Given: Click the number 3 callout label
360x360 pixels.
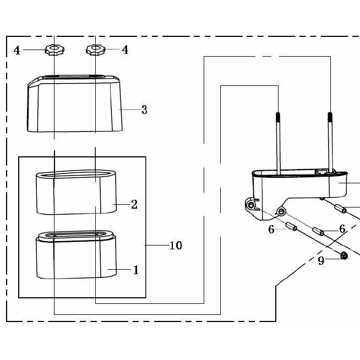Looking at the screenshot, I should coord(144,110).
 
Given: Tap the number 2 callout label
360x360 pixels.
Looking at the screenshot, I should coord(134,205).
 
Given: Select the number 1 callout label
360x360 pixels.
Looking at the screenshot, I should coord(135,270).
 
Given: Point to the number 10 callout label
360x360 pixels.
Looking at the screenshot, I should coord(176,246).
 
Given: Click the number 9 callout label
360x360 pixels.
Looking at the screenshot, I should coord(321,261).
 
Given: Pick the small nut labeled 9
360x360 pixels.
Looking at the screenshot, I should coord(344,255).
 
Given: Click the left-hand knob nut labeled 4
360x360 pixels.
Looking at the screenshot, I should coord(54,50).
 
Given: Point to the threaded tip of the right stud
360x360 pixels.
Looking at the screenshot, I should coord(330,117).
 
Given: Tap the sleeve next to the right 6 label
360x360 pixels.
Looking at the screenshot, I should coord(318,230).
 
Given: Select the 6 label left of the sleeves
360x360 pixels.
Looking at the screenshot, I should coord(271,230).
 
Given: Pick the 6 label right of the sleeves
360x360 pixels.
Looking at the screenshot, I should coord(342,228).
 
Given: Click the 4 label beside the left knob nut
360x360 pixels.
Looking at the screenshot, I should coord(17,51).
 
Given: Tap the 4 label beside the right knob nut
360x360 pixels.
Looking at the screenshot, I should coord(125,50).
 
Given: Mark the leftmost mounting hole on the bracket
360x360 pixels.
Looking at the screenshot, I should coord(251,205).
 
